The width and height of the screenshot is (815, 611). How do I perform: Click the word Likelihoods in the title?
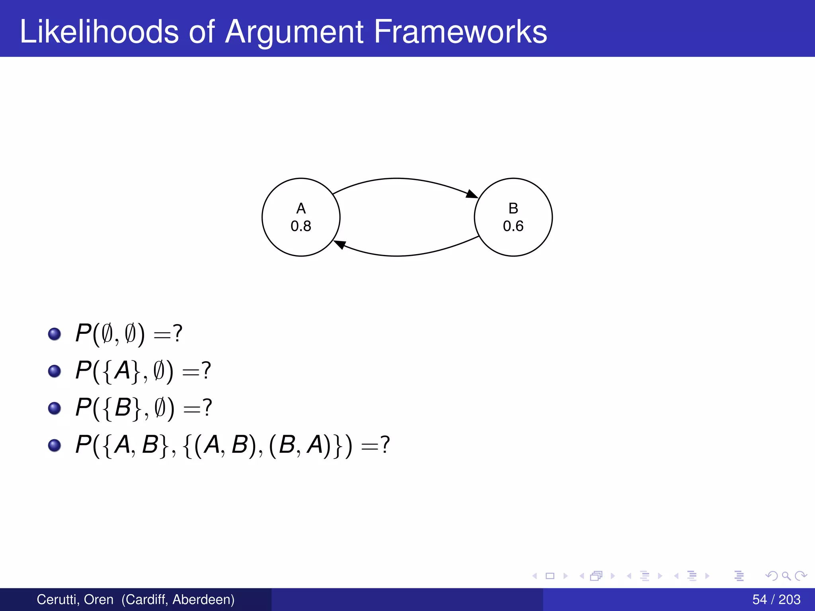99,32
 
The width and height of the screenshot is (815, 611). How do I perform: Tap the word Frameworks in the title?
460,32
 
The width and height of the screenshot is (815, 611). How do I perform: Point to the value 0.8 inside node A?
301,226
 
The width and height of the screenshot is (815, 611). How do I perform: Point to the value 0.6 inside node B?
513,226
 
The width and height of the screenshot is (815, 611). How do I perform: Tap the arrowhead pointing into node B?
472,194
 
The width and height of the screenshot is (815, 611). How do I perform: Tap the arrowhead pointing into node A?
339,244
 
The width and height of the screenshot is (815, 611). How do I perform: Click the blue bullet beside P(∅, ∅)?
55,334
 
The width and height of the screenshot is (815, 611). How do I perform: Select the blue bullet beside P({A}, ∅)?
55,371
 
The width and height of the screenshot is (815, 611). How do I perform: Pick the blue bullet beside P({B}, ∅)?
55,408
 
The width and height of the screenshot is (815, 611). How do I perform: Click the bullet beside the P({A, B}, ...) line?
55,445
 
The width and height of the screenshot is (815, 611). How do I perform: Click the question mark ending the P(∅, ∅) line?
177,333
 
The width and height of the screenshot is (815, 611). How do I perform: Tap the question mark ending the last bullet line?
385,444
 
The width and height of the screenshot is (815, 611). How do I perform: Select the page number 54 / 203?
776,599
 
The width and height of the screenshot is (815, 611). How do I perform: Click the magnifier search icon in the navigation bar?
786,576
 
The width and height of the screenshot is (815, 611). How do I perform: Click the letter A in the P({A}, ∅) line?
123,370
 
